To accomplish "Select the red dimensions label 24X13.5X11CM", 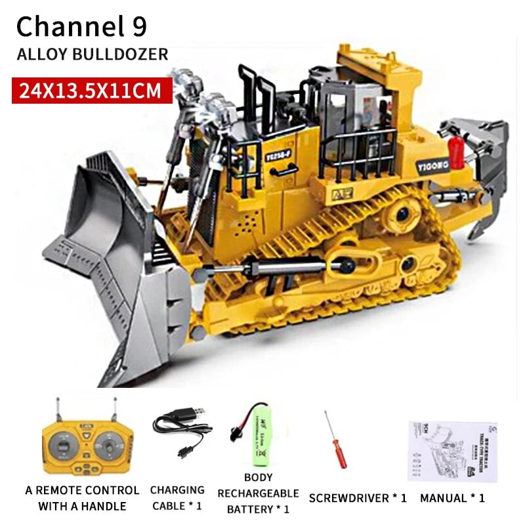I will (x=91, y=90).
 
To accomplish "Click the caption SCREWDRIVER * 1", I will (x=358, y=498).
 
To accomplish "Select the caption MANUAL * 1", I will (x=452, y=498).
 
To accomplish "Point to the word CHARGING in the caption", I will (x=177, y=490).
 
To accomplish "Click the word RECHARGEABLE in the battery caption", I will (x=258, y=493).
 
